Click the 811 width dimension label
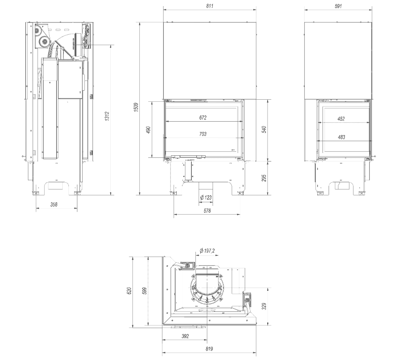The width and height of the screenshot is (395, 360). (x=210, y=6)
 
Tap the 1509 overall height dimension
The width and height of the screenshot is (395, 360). (x=136, y=108)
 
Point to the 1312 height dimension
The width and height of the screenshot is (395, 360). (x=107, y=120)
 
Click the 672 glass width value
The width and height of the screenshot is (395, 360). (x=203, y=118)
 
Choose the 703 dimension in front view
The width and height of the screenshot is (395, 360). (x=203, y=134)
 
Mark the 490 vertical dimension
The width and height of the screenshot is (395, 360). (x=149, y=130)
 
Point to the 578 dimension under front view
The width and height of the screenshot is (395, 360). (x=206, y=211)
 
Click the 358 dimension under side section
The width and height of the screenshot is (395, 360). (x=54, y=205)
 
